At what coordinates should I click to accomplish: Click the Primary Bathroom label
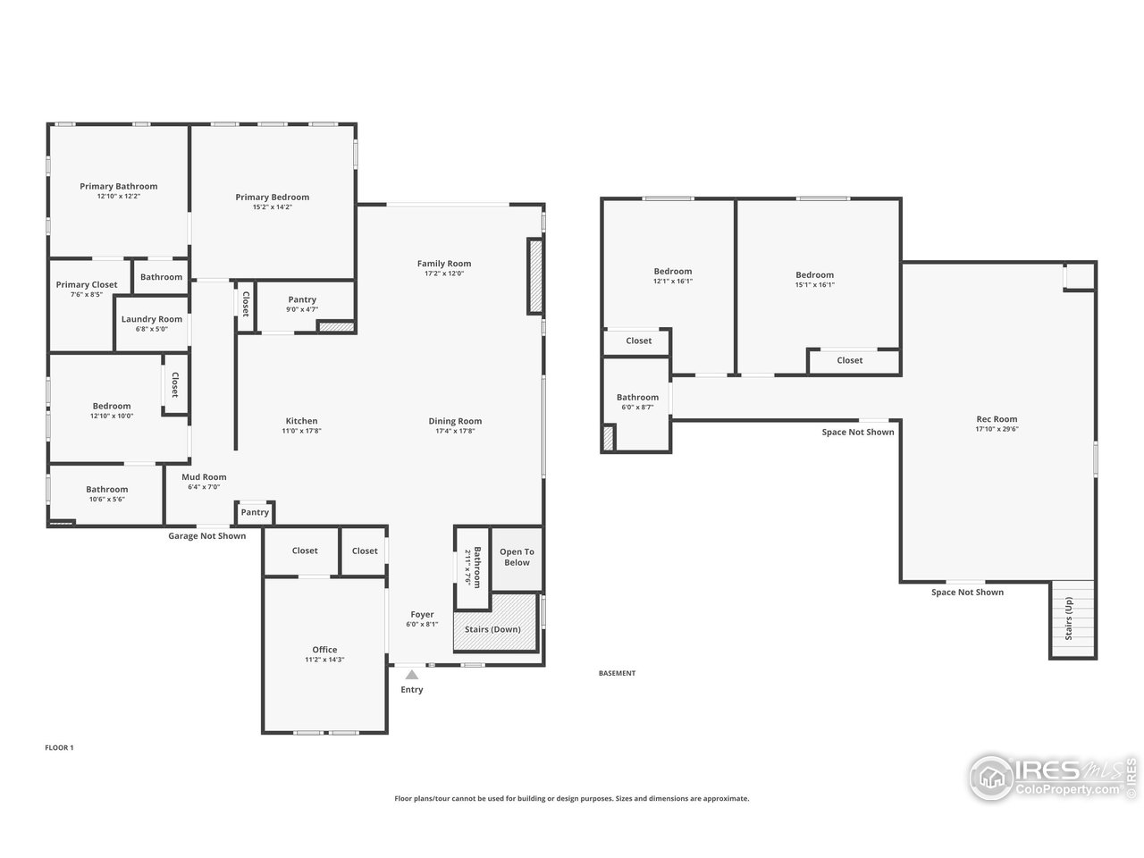click(x=118, y=186)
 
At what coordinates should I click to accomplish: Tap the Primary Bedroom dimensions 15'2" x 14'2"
click(x=272, y=206)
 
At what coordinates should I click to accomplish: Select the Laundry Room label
click(x=152, y=319)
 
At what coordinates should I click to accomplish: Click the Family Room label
click(x=444, y=264)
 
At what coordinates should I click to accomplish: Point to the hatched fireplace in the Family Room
click(x=535, y=276)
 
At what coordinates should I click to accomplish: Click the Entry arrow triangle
click(x=411, y=675)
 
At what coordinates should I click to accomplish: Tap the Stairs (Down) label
click(x=492, y=629)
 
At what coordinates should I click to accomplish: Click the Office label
click(x=324, y=650)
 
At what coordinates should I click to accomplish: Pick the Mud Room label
click(x=204, y=477)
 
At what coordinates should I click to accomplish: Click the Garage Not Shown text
click(x=207, y=536)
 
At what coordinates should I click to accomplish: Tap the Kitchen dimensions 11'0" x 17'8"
click(x=301, y=431)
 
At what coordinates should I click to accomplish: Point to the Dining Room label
click(x=455, y=421)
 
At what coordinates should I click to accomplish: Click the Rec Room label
click(x=997, y=419)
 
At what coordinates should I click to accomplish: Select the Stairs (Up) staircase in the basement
click(x=1072, y=618)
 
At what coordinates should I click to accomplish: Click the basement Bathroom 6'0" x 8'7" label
click(x=637, y=398)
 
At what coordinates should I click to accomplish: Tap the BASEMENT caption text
click(x=617, y=673)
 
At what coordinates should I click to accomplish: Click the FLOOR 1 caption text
click(x=59, y=747)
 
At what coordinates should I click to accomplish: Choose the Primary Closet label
click(x=87, y=284)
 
